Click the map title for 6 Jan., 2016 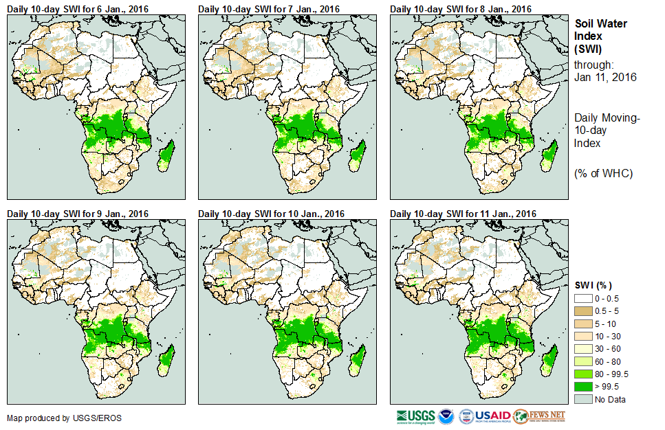coord(78,9)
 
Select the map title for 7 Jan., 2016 coord(269,9)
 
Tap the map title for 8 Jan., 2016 coord(461,9)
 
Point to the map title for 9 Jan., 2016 coord(78,214)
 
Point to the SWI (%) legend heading coord(593,285)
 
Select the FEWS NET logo coord(538,416)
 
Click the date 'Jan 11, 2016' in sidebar coord(605,77)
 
